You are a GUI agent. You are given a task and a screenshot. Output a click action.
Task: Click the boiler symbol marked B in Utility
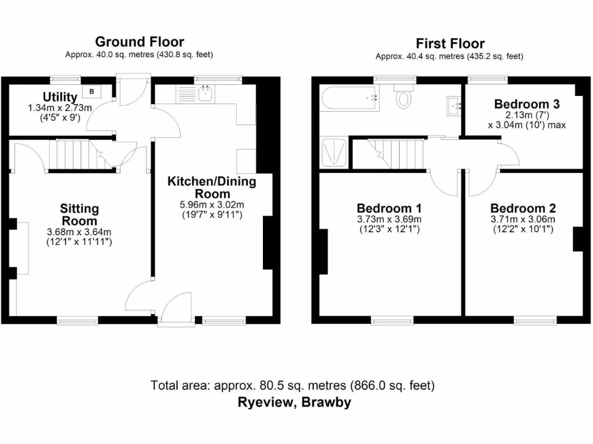(x=91, y=91)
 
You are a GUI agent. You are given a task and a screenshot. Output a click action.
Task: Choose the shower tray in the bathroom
(x=334, y=153)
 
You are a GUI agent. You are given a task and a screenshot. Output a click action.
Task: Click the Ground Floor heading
(x=139, y=42)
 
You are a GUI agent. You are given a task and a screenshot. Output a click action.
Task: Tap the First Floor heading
(x=450, y=43)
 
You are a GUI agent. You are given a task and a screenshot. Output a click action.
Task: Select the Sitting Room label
(x=79, y=214)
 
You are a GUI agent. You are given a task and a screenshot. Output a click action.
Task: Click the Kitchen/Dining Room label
(x=211, y=188)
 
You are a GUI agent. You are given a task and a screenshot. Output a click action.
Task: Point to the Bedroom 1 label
(x=389, y=208)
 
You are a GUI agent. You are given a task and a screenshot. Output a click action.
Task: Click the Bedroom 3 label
(x=526, y=104)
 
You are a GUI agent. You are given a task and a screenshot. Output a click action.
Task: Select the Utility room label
(x=60, y=97)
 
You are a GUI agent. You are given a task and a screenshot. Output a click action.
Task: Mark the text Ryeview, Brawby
(x=294, y=402)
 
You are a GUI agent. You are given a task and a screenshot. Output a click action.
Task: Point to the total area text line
(x=292, y=384)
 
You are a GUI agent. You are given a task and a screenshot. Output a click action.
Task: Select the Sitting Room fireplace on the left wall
(x=21, y=247)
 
